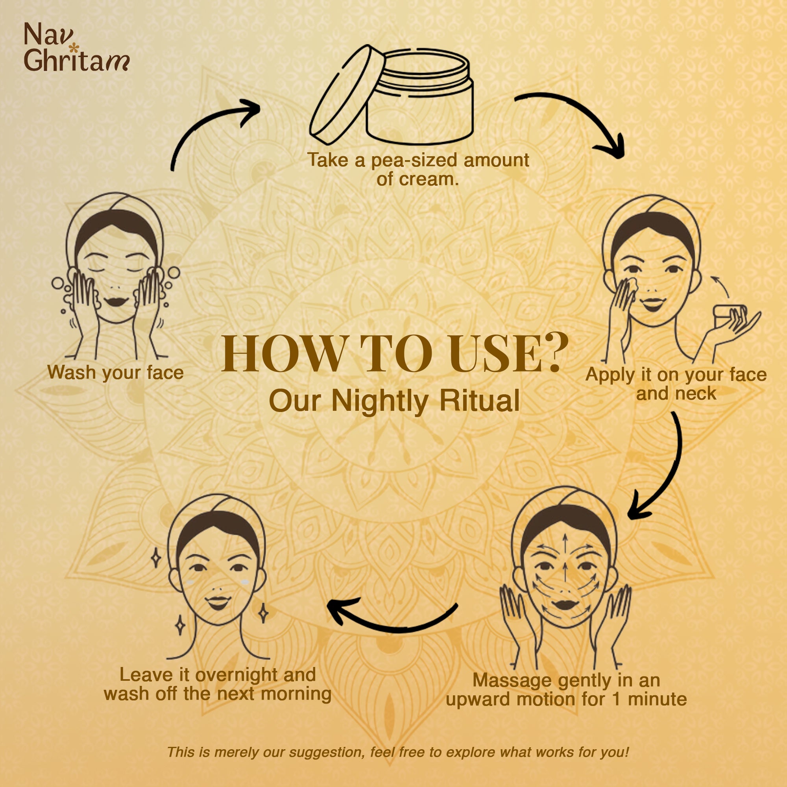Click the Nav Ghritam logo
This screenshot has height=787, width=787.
77,47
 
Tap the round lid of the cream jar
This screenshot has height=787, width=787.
347,94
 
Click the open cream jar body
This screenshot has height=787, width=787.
419,100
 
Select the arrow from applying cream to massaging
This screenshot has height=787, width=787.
668,468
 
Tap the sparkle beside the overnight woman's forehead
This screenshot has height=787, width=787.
155,558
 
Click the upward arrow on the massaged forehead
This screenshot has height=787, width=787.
565,543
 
